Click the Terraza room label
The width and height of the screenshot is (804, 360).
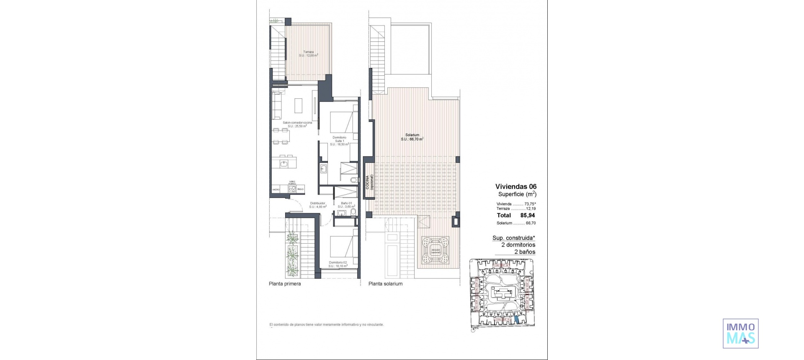tap(309, 54)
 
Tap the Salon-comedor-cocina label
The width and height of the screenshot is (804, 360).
tap(297, 124)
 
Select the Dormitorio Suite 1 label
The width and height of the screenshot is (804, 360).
tap(340, 141)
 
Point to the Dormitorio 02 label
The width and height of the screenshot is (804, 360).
tap(338, 264)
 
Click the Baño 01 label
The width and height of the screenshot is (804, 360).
tap(346, 205)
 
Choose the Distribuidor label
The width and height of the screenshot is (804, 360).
tap(318, 205)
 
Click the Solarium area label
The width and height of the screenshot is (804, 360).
tap(412, 137)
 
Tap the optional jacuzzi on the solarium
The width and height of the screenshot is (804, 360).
tap(435, 251)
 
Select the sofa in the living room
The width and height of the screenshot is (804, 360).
tap(277, 105)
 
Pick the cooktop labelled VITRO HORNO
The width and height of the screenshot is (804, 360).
tap(292, 189)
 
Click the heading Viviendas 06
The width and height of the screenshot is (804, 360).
tap(515, 187)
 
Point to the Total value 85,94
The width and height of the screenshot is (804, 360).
tap(528, 216)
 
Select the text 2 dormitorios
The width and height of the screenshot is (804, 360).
tap(518, 245)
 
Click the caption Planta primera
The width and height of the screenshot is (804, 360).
tap(285, 284)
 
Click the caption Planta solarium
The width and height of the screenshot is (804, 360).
tap(385, 284)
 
